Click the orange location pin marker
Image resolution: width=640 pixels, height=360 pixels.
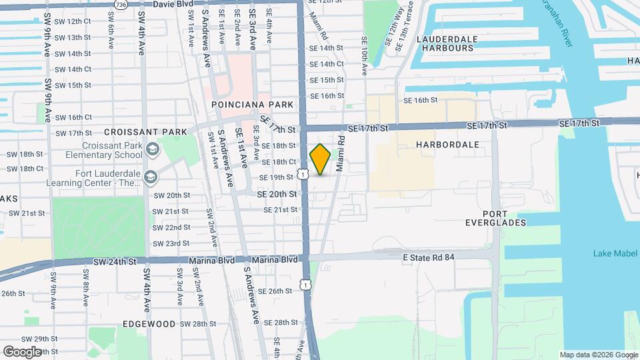pyautogui.click(x=321, y=159)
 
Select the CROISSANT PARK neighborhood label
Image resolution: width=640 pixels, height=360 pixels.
pyautogui.click(x=145, y=132)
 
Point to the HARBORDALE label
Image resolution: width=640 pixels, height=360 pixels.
pyautogui.click(x=447, y=144)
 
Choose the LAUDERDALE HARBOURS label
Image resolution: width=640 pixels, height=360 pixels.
pyautogui.click(x=447, y=43)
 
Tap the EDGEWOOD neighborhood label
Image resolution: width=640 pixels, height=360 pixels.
pyautogui.click(x=148, y=324)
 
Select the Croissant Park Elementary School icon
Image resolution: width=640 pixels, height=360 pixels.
pyautogui.click(x=152, y=148)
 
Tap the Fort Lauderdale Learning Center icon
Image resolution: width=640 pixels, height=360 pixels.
pyautogui.click(x=152, y=177)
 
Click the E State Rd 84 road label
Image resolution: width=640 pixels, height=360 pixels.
pyautogui.click(x=429, y=257)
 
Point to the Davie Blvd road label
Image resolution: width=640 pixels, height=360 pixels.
pyautogui.click(x=154, y=4)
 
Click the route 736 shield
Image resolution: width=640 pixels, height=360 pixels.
pyautogui.click(x=120, y=4)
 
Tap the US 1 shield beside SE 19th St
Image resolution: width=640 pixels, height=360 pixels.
pyautogui.click(x=304, y=174)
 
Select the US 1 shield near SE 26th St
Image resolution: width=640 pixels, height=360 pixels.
pyautogui.click(x=305, y=285)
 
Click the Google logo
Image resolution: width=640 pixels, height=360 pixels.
pyautogui.click(x=22, y=351)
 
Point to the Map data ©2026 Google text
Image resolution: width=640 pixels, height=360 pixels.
pyautogui.click(x=598, y=355)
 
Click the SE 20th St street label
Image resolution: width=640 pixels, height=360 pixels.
pyautogui.click(x=277, y=194)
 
